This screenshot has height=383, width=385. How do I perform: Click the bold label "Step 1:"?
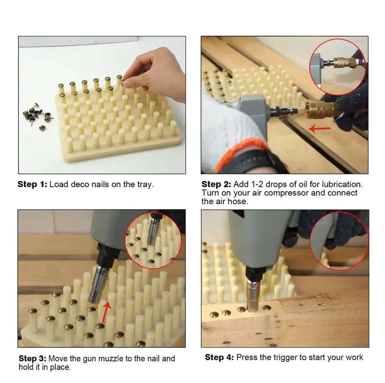32,185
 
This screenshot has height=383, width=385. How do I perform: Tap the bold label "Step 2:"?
216,185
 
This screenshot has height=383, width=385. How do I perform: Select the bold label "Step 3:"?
33,359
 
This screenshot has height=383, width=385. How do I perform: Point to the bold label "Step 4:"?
219,357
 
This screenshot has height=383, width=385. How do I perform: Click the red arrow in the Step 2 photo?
319,129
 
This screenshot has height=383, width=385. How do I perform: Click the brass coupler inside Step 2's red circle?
343,62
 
